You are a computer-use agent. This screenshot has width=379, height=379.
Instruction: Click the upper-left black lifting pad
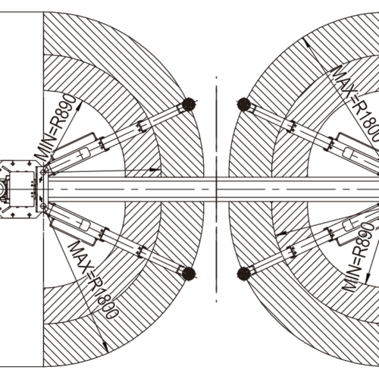click(189, 104)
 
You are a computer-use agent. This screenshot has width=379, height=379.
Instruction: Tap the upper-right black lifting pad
click(244, 104)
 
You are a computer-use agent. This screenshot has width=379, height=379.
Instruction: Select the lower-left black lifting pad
click(189, 274)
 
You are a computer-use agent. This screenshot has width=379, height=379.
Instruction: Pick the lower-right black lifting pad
click(244, 274)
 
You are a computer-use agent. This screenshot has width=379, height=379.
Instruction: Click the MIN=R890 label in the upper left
click(55, 128)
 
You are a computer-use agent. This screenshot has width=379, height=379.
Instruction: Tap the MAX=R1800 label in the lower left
click(93, 280)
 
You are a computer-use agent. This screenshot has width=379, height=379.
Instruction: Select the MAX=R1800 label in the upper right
click(356, 104)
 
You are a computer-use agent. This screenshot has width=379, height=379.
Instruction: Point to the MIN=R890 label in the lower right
click(359, 257)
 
